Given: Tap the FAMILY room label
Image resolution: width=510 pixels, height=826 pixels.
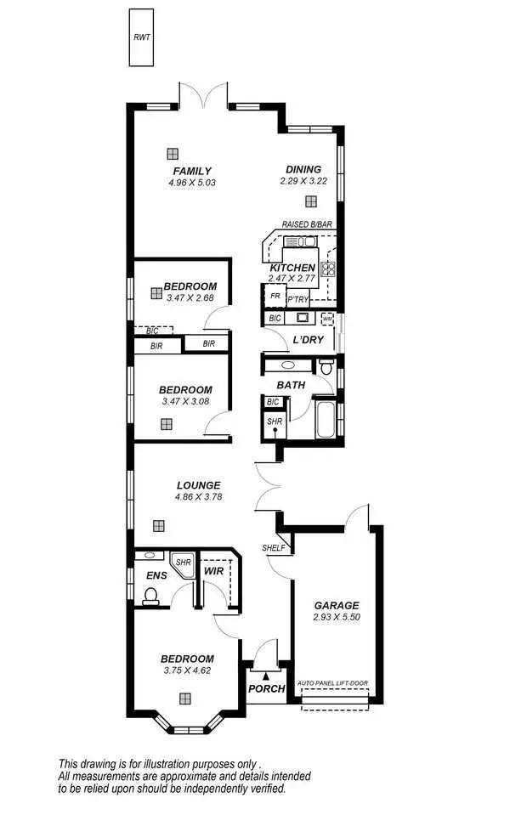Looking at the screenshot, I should click(x=192, y=171).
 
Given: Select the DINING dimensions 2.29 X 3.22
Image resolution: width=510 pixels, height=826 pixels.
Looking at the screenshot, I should click(x=303, y=181).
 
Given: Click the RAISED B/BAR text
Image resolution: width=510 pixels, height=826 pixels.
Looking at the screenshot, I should click(x=307, y=224).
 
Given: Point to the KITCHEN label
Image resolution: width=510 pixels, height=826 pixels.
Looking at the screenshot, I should click(x=292, y=268).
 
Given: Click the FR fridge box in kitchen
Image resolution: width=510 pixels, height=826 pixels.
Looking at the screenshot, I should click(x=275, y=296).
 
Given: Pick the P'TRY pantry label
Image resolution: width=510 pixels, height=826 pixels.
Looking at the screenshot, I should click(x=297, y=299).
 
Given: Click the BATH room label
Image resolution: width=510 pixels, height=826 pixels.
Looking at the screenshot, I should click(x=291, y=385).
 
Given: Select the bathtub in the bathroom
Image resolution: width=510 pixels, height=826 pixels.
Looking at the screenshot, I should click(x=326, y=418).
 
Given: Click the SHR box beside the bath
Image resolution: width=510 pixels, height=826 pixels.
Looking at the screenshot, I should click(x=274, y=421).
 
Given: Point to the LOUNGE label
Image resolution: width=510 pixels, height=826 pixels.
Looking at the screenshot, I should click(x=198, y=485).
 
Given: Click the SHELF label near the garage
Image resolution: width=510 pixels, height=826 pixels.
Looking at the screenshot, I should click(x=273, y=548).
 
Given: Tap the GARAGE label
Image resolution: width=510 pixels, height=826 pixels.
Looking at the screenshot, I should click(x=337, y=605).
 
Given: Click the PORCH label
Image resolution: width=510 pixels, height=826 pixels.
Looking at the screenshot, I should click(x=266, y=688).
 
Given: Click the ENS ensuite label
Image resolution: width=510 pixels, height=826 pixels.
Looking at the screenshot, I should click(x=156, y=576).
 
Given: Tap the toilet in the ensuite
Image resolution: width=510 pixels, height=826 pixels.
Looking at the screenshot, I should click(x=151, y=598).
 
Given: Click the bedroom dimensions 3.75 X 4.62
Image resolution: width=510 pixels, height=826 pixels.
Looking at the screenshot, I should click(x=188, y=670).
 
